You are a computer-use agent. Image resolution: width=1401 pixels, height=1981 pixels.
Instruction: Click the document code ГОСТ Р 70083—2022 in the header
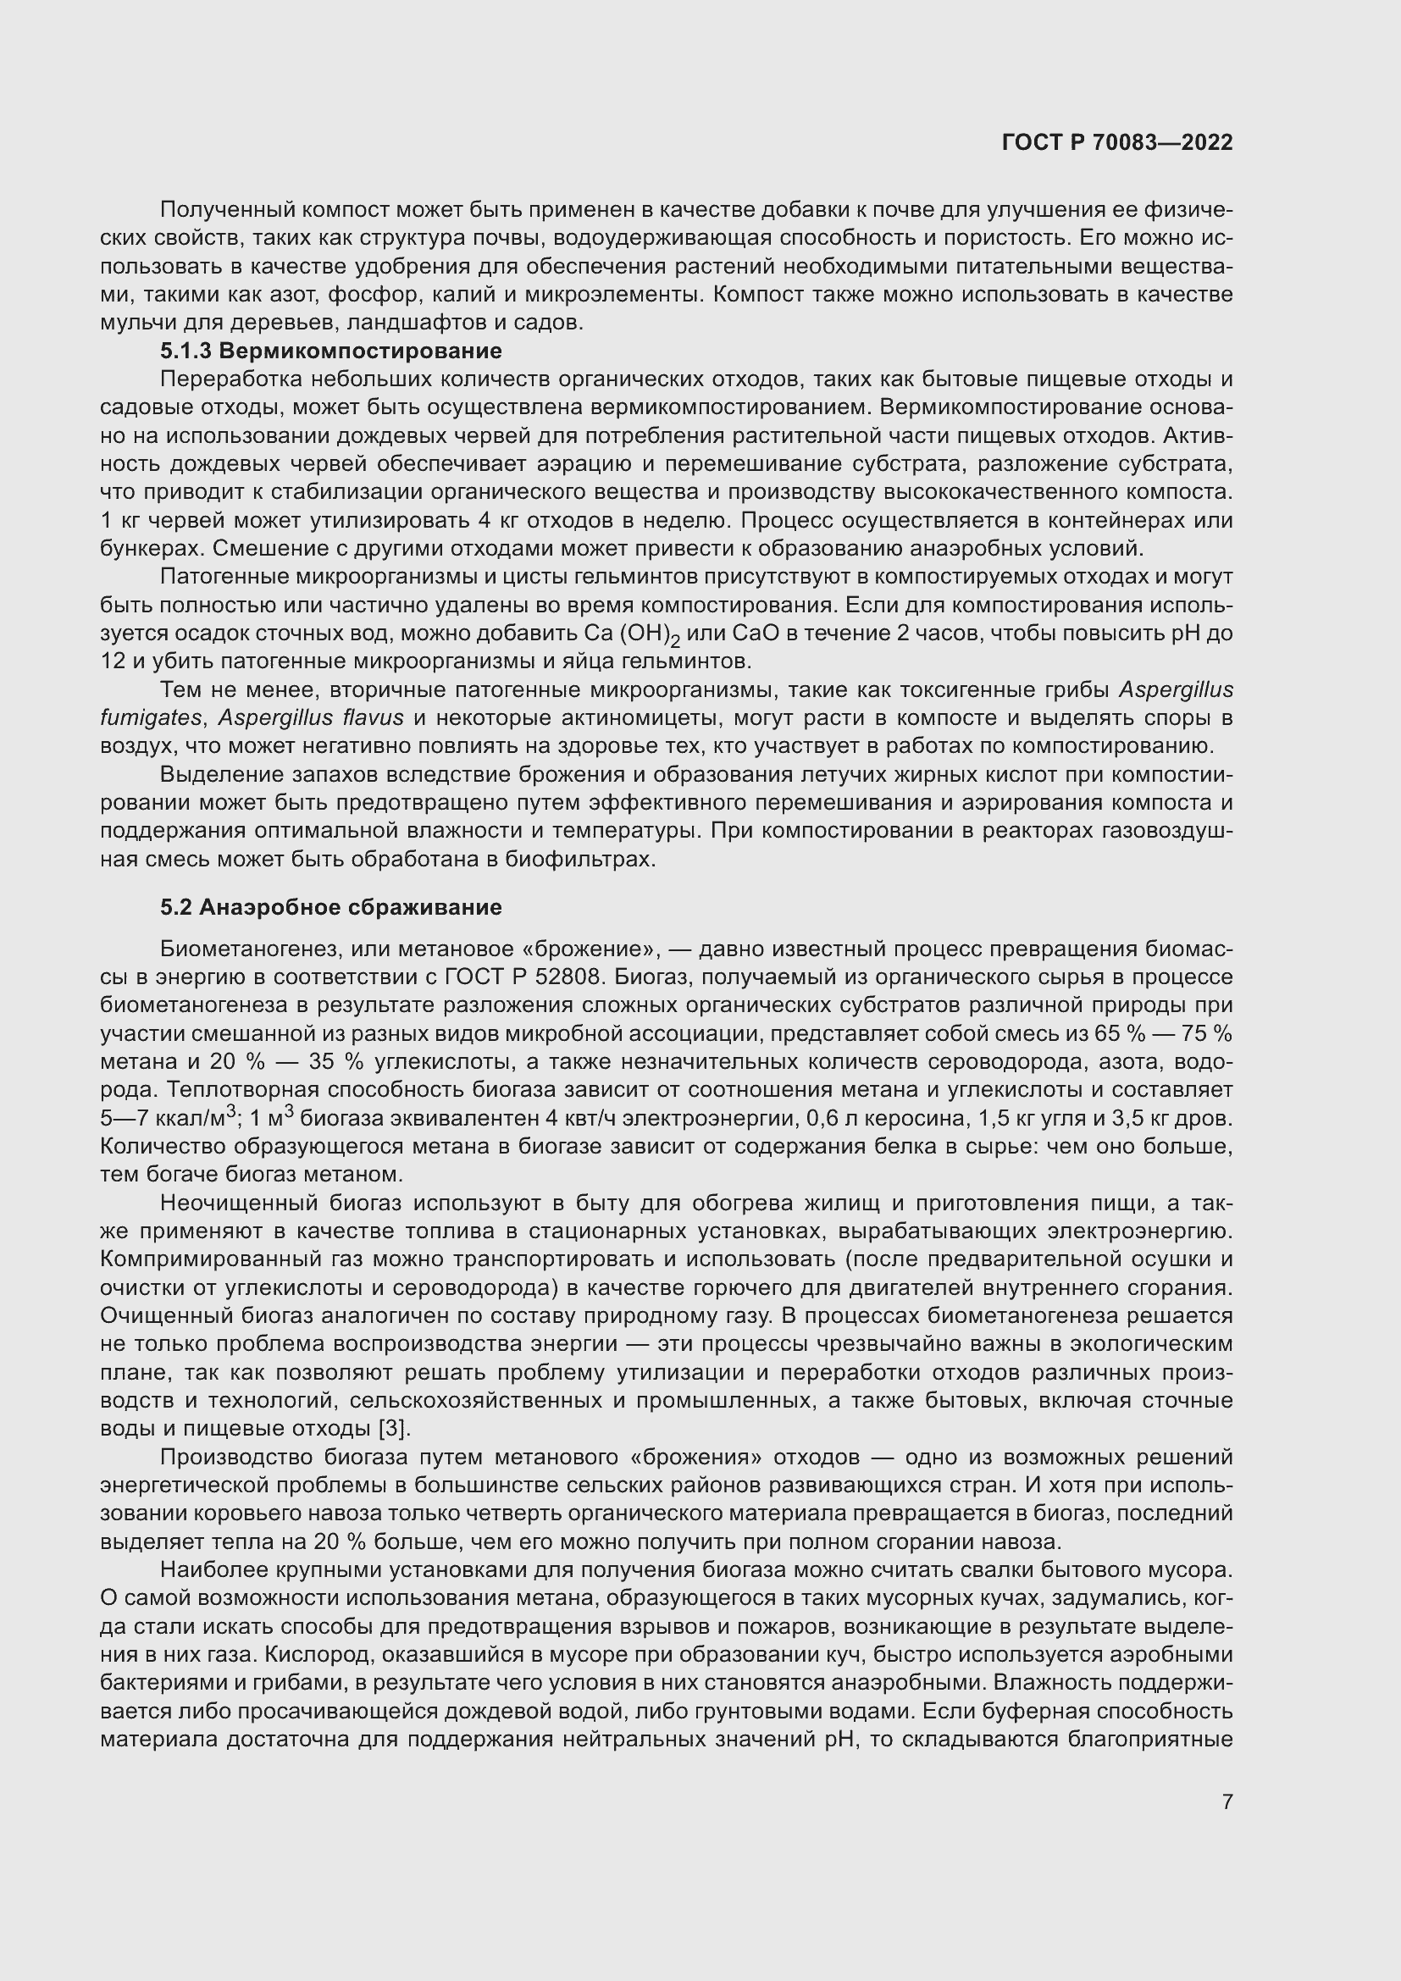click(x=1117, y=143)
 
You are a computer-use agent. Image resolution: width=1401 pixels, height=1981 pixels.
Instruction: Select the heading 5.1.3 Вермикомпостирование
click(x=330, y=351)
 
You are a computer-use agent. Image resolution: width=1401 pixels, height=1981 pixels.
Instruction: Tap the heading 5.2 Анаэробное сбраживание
click(x=330, y=908)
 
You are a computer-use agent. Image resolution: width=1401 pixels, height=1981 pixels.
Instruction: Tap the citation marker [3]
click(x=394, y=1429)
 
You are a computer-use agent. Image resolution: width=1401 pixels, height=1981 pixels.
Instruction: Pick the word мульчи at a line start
click(x=131, y=323)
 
